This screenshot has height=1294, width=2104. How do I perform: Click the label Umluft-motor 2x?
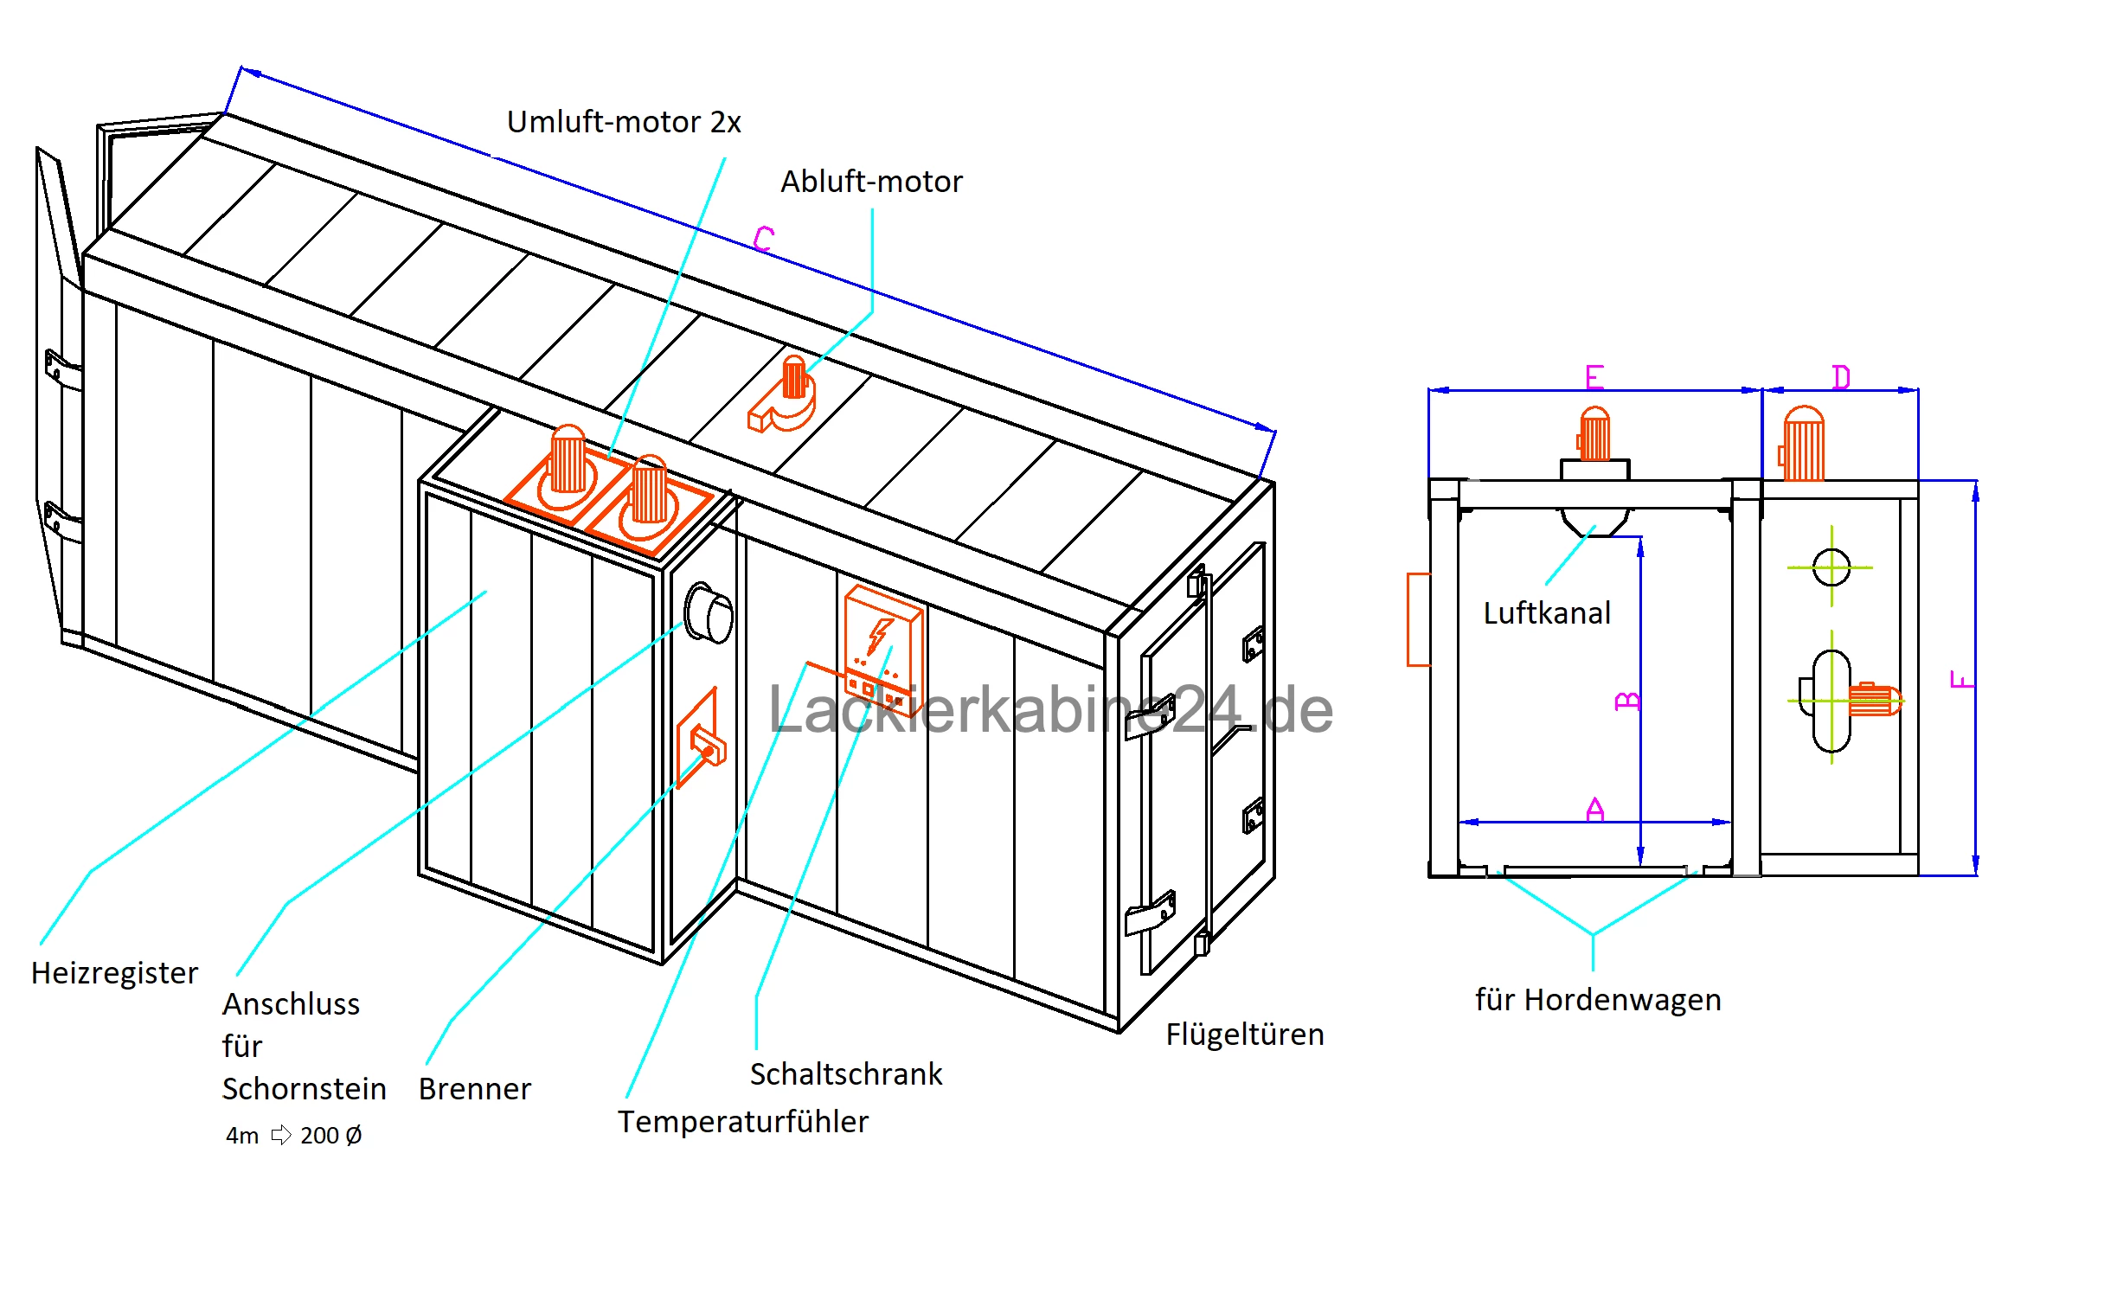[x=623, y=122]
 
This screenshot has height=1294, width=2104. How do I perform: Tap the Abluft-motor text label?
[x=870, y=182]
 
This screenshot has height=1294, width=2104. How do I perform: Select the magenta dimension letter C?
[x=763, y=238]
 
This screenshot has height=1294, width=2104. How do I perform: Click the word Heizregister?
[x=114, y=973]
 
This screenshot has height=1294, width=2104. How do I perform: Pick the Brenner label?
[x=474, y=1089]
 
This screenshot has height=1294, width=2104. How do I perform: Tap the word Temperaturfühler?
[x=742, y=1122]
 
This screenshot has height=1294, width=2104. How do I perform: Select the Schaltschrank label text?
[x=845, y=1074]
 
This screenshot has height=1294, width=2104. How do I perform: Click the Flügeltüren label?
[x=1244, y=1035]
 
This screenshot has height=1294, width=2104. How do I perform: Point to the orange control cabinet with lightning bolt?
[x=882, y=649]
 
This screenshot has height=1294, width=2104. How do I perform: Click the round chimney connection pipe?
[x=709, y=613]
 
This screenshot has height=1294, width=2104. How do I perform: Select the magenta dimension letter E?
[x=1594, y=377]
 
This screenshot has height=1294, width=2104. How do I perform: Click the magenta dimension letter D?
[x=1840, y=377]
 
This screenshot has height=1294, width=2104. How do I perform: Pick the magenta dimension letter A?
[x=1594, y=810]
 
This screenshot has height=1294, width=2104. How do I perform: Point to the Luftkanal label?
[x=1546, y=613]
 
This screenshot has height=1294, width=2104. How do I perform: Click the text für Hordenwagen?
[x=1597, y=1000]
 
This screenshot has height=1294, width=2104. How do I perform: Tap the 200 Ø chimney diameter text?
[x=330, y=1136]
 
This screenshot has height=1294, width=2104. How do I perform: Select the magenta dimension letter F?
[x=1962, y=679]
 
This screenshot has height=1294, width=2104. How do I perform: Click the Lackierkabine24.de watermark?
[x=1050, y=710]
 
